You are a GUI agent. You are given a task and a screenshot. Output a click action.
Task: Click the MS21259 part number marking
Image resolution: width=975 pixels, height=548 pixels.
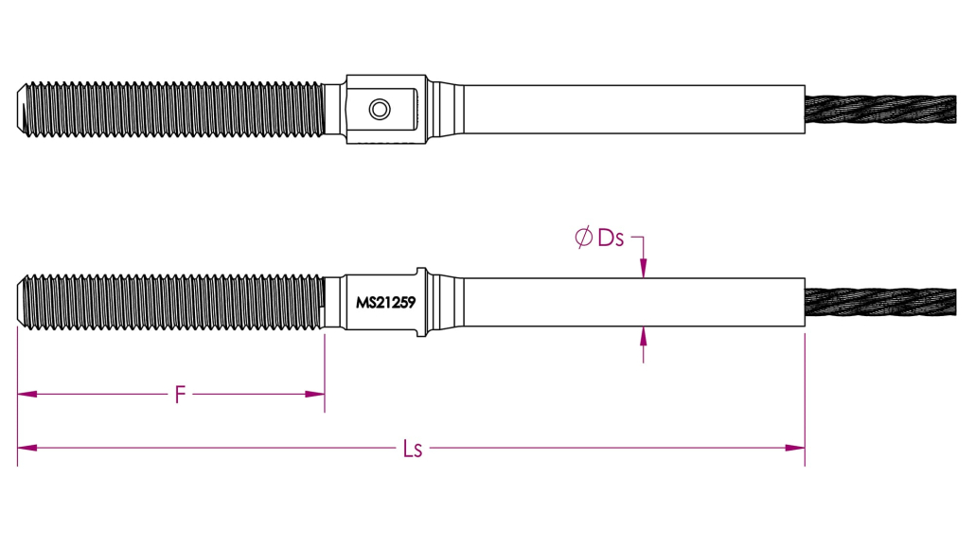tap(385, 303)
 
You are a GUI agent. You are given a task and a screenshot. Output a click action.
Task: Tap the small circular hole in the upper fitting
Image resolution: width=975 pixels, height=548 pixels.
tap(380, 110)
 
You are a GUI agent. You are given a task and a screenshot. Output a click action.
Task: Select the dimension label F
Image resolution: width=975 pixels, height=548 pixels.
tap(180, 395)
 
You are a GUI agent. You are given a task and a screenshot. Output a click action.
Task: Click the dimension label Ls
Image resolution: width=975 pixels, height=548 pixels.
tap(413, 449)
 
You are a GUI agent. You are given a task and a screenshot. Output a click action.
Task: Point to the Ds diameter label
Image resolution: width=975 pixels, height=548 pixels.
tap(611, 238)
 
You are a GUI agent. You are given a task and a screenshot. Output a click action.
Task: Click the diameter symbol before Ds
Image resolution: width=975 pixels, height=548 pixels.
tap(583, 237)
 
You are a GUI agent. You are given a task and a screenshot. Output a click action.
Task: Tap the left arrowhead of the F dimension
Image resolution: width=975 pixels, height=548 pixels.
tap(27, 394)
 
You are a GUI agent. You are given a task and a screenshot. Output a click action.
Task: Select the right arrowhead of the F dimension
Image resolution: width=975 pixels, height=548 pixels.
tap(315, 394)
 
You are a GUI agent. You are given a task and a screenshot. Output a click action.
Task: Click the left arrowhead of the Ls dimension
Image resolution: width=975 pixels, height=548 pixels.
tap(27, 448)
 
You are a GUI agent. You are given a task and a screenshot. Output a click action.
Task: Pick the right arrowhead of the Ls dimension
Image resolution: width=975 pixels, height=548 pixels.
tap(795, 448)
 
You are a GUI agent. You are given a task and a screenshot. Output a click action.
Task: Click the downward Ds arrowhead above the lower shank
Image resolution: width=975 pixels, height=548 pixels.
tap(643, 268)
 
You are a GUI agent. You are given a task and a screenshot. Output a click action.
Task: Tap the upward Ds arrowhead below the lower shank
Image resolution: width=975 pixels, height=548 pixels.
tap(643, 336)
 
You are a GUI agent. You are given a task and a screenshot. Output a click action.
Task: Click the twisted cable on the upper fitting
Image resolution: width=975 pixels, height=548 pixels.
tap(880, 110)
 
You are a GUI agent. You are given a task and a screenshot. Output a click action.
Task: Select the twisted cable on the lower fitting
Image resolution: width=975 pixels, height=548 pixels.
tap(880, 302)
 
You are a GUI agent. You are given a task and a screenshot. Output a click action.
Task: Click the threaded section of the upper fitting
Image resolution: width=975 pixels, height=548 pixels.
tap(171, 110)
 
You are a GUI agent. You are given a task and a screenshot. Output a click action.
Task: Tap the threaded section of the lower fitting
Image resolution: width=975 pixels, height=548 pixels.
tap(171, 302)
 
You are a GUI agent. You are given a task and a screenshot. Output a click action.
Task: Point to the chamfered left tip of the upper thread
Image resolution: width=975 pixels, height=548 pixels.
tap(21, 110)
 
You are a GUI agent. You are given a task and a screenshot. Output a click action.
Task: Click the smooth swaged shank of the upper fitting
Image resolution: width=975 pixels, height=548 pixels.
tap(634, 110)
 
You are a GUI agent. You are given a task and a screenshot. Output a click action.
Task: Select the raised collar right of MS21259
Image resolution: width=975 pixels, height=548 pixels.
tap(421, 302)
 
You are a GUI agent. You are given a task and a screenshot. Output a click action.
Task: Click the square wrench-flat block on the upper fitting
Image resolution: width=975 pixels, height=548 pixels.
tap(386, 110)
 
